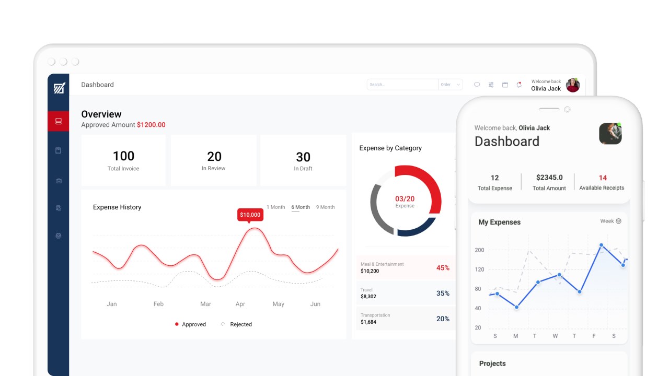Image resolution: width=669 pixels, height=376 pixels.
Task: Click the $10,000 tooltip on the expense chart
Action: click(x=250, y=215)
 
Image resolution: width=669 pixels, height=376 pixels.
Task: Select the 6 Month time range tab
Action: click(x=301, y=207)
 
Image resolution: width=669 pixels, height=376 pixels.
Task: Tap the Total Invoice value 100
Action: click(x=123, y=156)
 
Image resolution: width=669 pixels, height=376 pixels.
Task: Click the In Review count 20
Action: click(x=214, y=156)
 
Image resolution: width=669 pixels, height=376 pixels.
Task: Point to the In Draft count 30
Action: click(x=303, y=157)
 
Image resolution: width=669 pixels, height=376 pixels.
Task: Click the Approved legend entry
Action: click(x=190, y=324)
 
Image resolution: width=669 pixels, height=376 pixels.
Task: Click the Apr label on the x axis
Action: click(x=240, y=304)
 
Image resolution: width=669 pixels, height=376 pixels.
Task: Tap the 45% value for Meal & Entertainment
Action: click(x=443, y=268)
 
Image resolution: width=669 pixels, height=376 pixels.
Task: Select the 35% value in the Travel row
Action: click(x=443, y=293)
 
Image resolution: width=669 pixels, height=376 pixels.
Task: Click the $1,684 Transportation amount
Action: click(x=368, y=322)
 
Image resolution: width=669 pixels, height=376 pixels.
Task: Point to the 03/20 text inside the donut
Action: click(x=405, y=199)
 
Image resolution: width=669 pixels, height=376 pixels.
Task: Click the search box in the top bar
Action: click(x=402, y=85)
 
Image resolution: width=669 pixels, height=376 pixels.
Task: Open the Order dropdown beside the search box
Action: click(x=451, y=85)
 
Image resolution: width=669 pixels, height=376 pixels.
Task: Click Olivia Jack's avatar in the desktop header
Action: click(x=573, y=85)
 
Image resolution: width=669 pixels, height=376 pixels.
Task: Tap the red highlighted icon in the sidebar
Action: click(x=58, y=121)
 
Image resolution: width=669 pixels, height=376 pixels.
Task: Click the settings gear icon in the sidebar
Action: click(x=59, y=236)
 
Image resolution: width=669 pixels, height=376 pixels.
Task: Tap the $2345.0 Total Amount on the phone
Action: click(x=549, y=178)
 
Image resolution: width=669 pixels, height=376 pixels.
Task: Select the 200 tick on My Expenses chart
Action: click(x=479, y=250)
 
